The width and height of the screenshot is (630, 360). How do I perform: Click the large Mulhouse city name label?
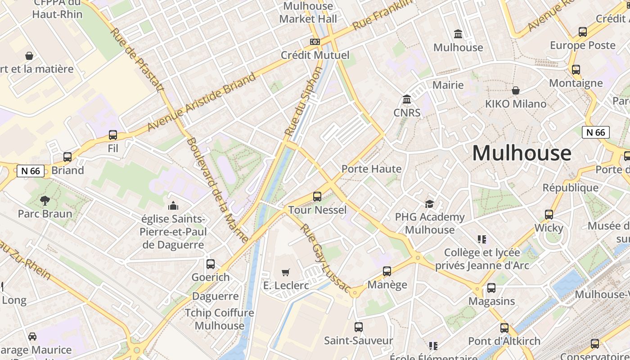[521, 153]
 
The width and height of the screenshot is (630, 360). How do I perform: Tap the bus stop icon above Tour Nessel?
[317, 197]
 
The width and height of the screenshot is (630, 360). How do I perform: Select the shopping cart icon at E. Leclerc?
[285, 272]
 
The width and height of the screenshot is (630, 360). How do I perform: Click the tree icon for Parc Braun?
[45, 200]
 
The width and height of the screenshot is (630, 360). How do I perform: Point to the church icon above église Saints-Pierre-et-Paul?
[173, 206]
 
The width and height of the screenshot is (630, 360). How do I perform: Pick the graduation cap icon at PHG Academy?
[430, 204]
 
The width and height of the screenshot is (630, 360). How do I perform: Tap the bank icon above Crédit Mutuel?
[315, 42]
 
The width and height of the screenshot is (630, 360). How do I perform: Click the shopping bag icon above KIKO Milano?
[516, 90]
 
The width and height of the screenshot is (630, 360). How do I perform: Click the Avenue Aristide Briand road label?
[202, 101]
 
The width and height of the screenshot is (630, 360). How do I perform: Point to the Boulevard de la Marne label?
[217, 190]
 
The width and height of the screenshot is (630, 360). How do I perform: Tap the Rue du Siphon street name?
[304, 102]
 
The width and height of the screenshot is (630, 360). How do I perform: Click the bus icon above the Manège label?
[387, 271]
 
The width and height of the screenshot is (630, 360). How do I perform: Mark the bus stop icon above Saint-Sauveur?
[358, 327]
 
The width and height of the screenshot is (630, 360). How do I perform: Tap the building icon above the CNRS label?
[407, 99]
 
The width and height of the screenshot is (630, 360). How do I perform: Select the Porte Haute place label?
[371, 169]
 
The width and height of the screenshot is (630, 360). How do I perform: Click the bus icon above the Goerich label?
[211, 264]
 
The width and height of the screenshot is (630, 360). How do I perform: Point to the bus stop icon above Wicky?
[549, 215]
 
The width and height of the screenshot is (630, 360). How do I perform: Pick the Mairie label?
[448, 85]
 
